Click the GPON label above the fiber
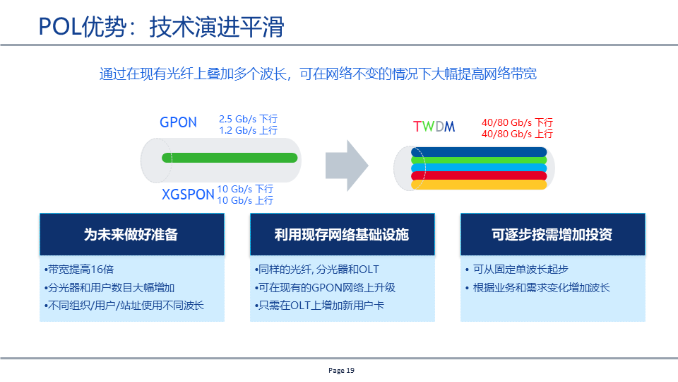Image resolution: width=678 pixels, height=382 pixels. click(178, 122)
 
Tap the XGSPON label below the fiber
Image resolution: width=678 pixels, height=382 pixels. click(187, 195)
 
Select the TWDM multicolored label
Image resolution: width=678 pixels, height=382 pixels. click(434, 127)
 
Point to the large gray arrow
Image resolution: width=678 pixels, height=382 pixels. click(346, 165)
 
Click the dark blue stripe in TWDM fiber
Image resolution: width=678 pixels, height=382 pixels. click(480, 151)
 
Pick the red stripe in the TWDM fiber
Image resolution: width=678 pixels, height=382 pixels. click(480, 175)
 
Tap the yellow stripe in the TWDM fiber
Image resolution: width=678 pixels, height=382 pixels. click(480, 185)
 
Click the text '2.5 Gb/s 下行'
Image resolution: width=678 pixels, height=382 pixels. click(248, 119)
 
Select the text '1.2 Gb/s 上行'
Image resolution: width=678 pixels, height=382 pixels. click(248, 130)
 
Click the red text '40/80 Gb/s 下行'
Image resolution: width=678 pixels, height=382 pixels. click(517, 122)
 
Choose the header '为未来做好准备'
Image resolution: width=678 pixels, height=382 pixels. click(131, 234)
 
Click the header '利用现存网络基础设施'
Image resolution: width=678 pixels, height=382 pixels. click(341, 234)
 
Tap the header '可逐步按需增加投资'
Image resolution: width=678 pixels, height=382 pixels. click(552, 234)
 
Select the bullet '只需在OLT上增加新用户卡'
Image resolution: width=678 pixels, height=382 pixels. click(319, 306)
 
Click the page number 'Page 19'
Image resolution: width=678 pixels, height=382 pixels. click(341, 370)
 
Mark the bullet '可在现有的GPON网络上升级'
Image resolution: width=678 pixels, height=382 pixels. click(324, 287)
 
